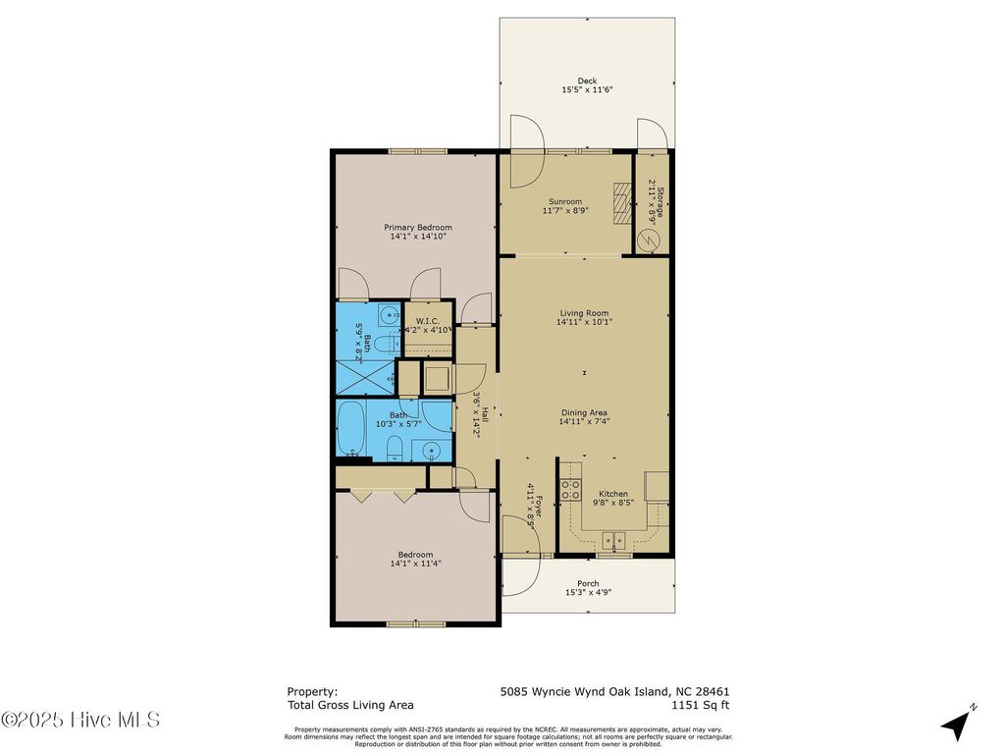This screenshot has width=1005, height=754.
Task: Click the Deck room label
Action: (587, 81)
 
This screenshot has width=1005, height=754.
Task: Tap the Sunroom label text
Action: (564, 202)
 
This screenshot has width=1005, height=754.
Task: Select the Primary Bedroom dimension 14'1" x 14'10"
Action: (418, 237)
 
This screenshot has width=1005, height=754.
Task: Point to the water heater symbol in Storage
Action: (648, 238)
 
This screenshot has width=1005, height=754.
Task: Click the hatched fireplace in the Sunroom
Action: (621, 203)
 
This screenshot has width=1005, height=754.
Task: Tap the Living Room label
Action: (584, 314)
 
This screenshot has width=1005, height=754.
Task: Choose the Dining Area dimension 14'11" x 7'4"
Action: (584, 422)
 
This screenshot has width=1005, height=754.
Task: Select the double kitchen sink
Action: (615, 539)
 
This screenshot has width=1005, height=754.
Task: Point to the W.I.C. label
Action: (426, 321)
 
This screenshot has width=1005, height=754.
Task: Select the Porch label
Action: (587, 584)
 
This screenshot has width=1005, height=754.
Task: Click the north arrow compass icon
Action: (958, 723)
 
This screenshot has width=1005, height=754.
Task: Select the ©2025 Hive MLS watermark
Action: (80, 720)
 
